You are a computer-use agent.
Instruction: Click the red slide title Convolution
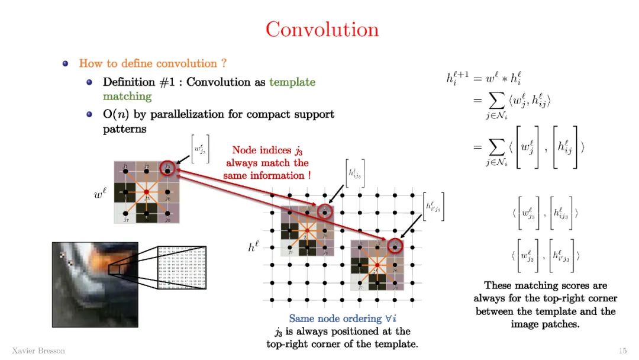click(x=322, y=29)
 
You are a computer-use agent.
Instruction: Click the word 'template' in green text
click(x=292, y=82)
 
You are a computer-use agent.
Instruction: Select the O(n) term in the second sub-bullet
click(x=114, y=114)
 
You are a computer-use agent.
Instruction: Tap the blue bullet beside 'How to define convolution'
click(x=66, y=63)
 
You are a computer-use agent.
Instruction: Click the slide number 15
click(x=622, y=351)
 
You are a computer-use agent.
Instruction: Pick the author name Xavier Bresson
click(x=38, y=351)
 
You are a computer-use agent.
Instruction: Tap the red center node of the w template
click(x=147, y=192)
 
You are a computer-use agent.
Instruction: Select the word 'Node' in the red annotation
click(x=244, y=150)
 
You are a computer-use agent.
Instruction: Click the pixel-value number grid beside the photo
click(x=182, y=268)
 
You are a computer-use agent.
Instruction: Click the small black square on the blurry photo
click(x=114, y=270)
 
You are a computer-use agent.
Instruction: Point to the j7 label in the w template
click(x=126, y=219)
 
